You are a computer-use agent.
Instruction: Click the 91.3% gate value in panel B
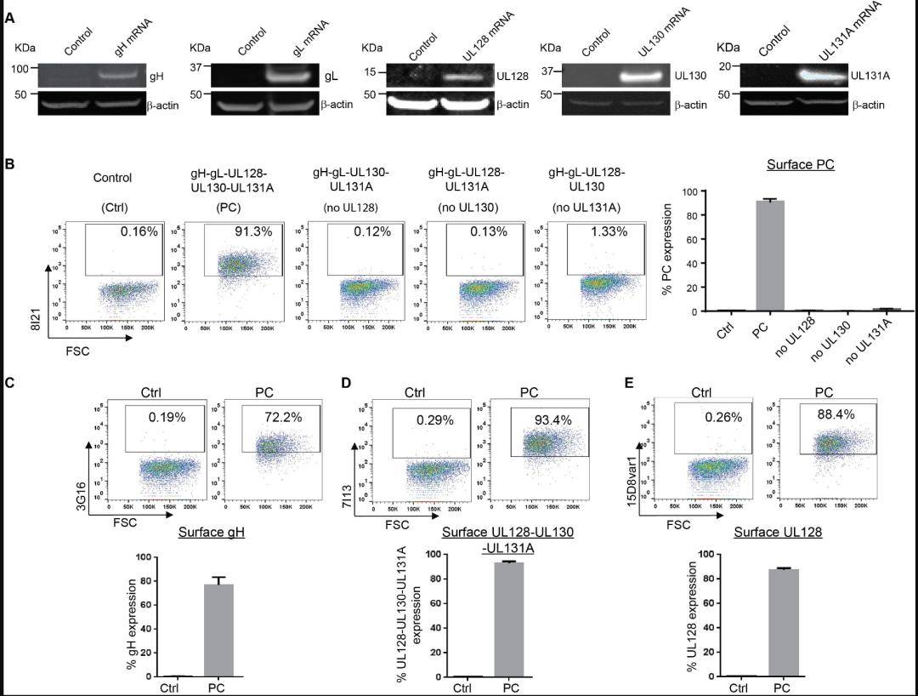[x=252, y=231]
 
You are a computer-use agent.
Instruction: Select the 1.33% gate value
[x=609, y=232]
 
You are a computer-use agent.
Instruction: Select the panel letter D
[x=345, y=383]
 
